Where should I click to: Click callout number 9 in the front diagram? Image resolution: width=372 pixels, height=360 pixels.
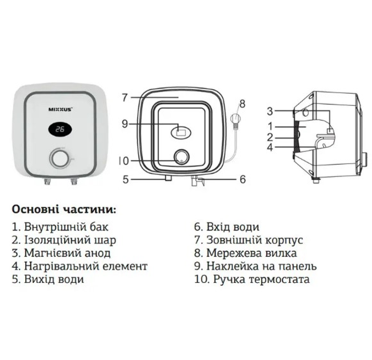pyautogui.click(x=125, y=122)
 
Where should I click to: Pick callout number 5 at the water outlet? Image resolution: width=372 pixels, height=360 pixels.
pyautogui.click(x=125, y=179)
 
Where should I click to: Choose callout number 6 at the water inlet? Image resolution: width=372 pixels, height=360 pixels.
pyautogui.click(x=242, y=179)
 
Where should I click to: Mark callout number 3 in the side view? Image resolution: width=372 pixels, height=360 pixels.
pyautogui.click(x=270, y=111)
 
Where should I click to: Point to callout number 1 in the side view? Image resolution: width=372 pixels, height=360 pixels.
pyautogui.click(x=271, y=125)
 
